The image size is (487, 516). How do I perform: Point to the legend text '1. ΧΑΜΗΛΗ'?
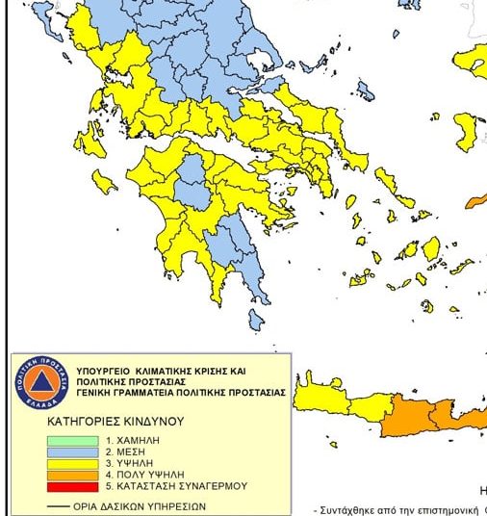coord(131,440)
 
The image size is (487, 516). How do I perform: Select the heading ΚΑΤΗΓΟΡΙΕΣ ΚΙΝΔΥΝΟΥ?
coord(115,422)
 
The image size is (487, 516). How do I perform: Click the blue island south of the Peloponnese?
coord(258,319)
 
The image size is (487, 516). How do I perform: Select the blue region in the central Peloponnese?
coord(193,183)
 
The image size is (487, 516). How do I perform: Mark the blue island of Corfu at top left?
coord(42,13)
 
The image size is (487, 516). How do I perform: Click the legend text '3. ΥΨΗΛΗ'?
coord(127,463)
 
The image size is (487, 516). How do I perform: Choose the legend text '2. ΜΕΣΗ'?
coord(124,451)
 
